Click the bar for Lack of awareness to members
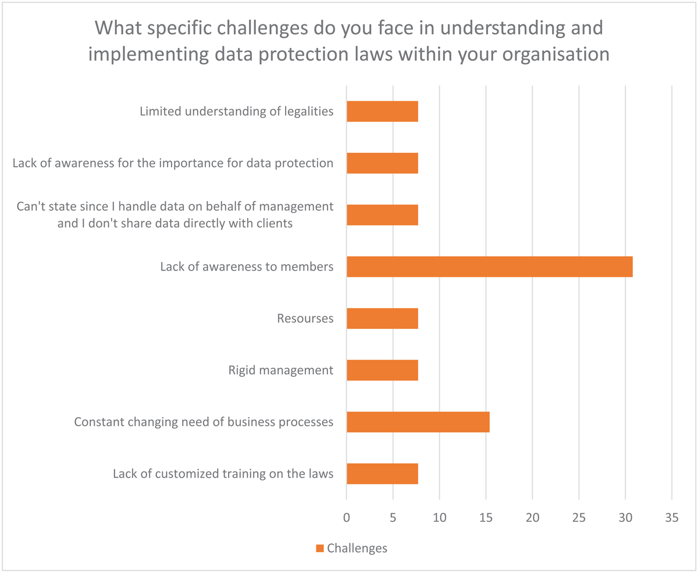pos(489,266)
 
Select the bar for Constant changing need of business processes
pos(418,422)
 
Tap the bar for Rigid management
pos(382,370)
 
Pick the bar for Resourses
pos(382,318)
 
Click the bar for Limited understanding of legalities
pos(382,111)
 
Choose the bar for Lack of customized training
pos(382,474)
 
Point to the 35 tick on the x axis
pos(671,518)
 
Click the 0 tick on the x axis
pos(347,518)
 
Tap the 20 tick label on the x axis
pos(532,518)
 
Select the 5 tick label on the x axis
pos(393,518)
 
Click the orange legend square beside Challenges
pos(319,548)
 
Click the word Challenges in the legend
pos(357,548)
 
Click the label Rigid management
pos(281,370)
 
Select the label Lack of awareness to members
pos(247,267)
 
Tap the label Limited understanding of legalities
pos(237,111)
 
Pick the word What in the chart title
pos(120,28)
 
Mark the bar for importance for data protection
pos(382,163)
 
